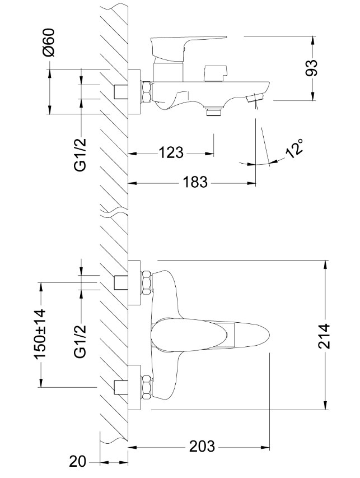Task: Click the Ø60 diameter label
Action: [49, 43]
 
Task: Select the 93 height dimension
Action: [311, 68]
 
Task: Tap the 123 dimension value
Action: [171, 152]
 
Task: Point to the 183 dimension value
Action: [195, 182]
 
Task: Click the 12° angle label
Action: [294, 148]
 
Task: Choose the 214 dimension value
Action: [324, 336]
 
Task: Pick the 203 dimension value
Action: [202, 446]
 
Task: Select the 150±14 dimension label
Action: [39, 335]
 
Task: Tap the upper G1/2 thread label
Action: [80, 155]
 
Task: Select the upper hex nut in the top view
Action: [147, 282]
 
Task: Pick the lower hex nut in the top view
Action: [147, 387]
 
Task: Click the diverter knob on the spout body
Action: [216, 73]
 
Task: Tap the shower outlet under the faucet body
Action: [213, 111]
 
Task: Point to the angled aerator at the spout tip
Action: [255, 98]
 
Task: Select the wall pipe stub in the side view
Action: [120, 91]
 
